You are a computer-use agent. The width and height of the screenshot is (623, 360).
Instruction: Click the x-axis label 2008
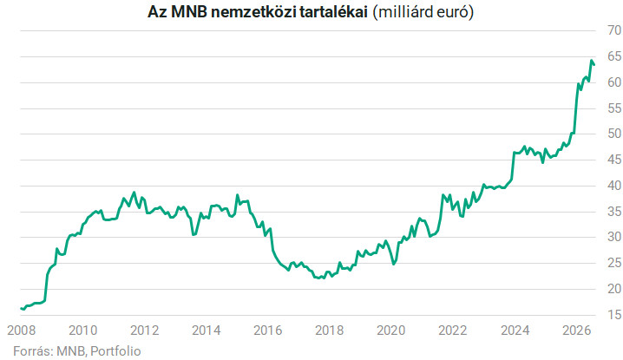(x=22, y=331)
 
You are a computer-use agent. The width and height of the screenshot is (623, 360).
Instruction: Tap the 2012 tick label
(x=145, y=331)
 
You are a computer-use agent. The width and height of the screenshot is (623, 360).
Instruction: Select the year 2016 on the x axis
(x=268, y=331)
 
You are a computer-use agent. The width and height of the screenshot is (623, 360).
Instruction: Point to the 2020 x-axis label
(x=391, y=331)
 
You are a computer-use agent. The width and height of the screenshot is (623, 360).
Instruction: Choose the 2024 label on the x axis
(x=515, y=331)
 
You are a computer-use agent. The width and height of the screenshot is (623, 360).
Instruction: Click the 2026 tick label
(x=576, y=331)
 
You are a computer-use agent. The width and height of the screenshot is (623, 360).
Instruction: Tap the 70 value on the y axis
(x=614, y=30)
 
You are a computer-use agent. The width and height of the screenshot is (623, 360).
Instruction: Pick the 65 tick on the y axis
(x=614, y=56)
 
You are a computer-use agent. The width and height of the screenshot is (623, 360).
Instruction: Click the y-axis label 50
(x=614, y=134)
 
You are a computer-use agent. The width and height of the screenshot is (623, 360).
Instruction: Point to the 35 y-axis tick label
(x=614, y=212)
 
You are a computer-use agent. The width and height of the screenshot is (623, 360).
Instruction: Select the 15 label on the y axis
(x=614, y=315)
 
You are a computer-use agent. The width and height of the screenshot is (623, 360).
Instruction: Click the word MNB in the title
(x=189, y=12)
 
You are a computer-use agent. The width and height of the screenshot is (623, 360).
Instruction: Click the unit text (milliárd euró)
(x=423, y=12)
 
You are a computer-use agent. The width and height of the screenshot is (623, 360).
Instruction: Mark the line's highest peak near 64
(x=592, y=61)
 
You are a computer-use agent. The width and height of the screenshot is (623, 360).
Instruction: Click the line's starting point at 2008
(x=21, y=308)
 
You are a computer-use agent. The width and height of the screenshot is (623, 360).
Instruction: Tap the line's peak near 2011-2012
(x=134, y=193)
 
